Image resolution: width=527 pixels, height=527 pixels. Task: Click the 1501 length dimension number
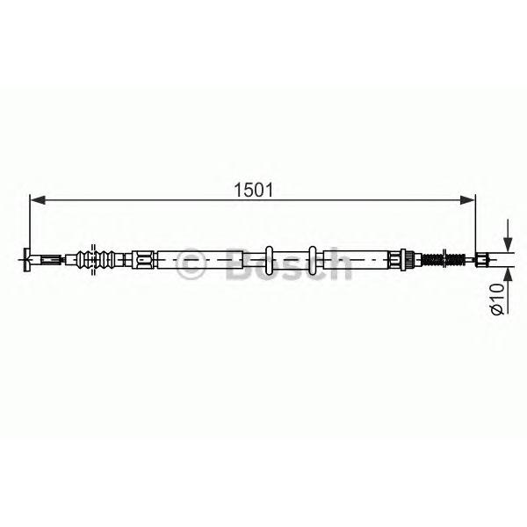point(254,191)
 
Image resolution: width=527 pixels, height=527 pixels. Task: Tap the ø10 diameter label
point(497,299)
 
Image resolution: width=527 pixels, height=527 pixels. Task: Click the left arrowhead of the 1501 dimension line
point(38,200)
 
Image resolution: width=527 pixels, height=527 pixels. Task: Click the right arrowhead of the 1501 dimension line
point(467,200)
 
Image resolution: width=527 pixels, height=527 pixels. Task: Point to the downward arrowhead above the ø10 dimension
point(508,243)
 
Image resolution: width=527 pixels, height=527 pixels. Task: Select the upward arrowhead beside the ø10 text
point(508,276)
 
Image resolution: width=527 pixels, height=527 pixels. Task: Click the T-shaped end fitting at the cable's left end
point(27,259)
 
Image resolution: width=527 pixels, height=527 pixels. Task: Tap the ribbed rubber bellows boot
point(97,259)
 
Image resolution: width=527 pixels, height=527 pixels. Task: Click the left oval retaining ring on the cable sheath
point(269,260)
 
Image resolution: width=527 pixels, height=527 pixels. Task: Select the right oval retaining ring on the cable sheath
point(313,260)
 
